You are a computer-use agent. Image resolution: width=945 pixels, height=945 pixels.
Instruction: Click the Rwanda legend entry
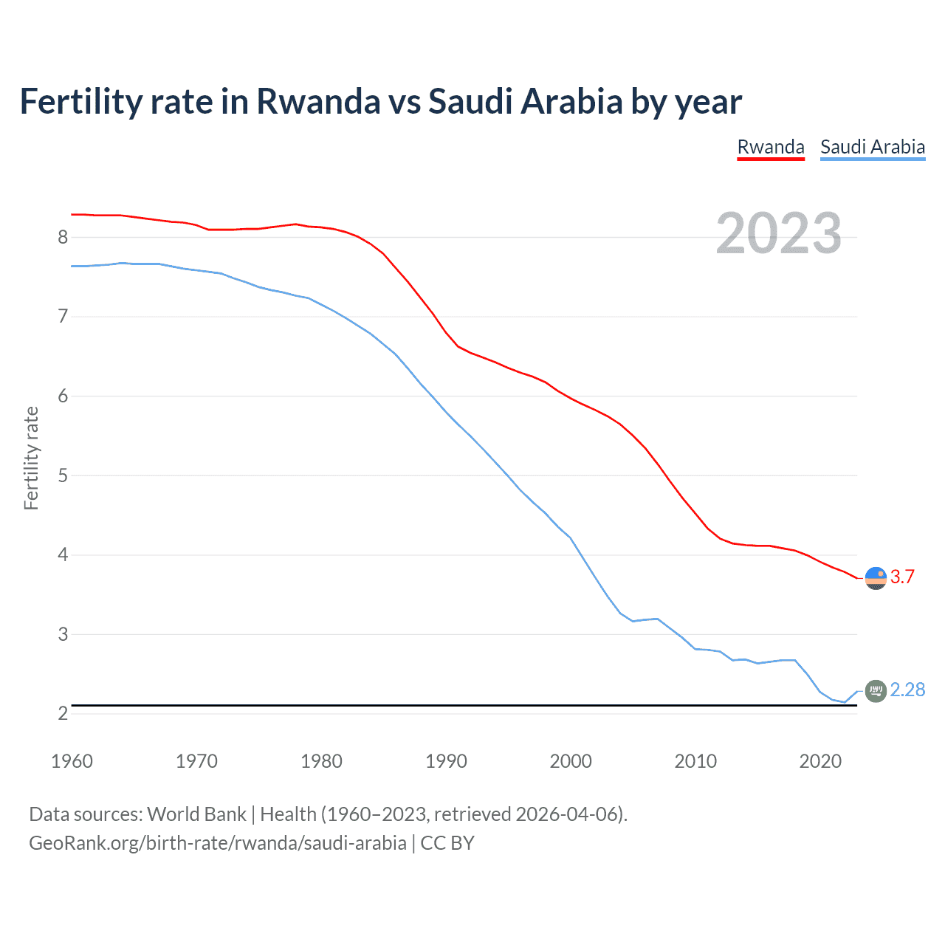(x=771, y=147)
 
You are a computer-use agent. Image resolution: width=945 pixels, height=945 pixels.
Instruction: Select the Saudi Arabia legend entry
(x=873, y=147)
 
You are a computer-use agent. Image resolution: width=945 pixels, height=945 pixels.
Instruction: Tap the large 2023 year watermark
(x=779, y=233)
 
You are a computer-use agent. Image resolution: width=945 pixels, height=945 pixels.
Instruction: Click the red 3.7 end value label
(x=902, y=577)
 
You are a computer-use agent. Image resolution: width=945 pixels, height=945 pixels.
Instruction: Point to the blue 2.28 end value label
(x=907, y=690)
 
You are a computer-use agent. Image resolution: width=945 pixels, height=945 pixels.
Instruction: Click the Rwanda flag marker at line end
(x=876, y=578)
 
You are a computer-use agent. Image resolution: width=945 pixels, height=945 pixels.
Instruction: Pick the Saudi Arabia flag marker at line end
(x=876, y=691)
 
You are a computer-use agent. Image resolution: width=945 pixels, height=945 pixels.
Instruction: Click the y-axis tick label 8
(x=63, y=237)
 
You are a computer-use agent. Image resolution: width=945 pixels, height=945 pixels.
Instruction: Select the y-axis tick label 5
(x=63, y=475)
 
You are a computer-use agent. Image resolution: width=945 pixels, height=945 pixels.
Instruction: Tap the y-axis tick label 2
(x=63, y=714)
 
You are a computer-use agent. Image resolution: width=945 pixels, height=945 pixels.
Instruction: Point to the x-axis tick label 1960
(x=72, y=761)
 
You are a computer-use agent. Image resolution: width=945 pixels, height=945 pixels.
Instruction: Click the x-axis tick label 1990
(x=446, y=761)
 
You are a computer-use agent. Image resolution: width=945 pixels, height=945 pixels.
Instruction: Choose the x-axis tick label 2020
(x=820, y=761)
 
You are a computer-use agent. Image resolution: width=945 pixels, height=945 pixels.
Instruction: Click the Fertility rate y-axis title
(x=31, y=458)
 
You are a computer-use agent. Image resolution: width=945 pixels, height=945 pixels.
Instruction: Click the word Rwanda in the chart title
(x=317, y=101)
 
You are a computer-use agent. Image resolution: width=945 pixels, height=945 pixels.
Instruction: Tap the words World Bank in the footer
(x=196, y=814)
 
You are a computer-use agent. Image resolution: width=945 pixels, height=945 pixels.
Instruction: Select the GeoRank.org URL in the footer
(x=218, y=843)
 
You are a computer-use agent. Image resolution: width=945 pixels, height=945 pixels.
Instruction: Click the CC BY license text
(x=447, y=843)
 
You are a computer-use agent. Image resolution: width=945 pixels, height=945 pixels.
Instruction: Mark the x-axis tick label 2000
(x=571, y=761)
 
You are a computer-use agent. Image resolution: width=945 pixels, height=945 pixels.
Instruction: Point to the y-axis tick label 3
(x=63, y=634)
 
